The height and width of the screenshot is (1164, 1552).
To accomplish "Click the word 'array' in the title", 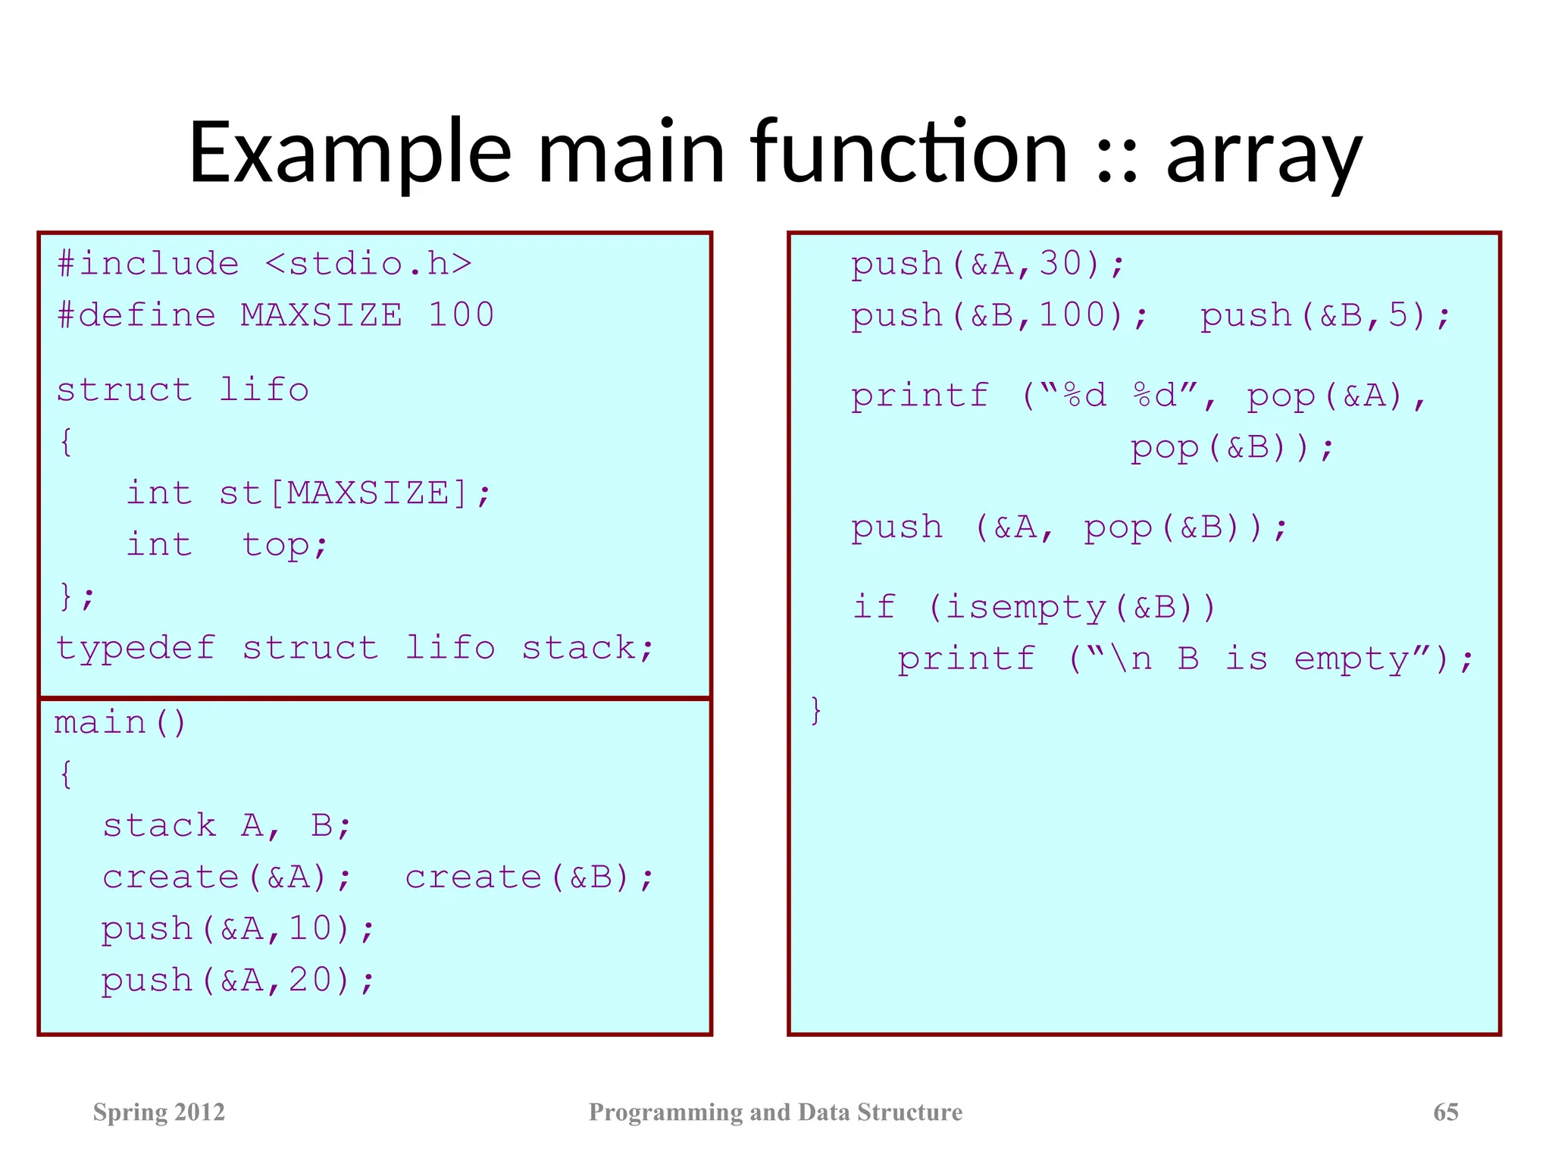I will point(1263,155).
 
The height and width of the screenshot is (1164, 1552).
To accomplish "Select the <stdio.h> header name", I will point(368,264).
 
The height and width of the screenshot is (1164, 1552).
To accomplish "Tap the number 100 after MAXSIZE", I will point(461,315).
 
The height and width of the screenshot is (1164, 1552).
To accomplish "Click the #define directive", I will point(136,315).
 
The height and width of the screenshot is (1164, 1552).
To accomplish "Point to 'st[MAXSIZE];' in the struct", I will point(355,493).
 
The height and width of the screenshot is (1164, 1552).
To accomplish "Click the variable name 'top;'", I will point(285,545).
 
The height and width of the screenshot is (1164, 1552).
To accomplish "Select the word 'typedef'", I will point(136,648).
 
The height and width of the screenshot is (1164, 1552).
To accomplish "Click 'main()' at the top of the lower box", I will point(120,722).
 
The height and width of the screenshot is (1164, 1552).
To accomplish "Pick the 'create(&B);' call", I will point(529,878).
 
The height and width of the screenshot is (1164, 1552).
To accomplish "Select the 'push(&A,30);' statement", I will point(987,264).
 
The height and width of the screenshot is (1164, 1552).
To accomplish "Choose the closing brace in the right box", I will point(815,710).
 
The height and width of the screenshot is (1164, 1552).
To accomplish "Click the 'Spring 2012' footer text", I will point(159,1112).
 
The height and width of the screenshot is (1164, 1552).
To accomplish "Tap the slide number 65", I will point(1445,1112).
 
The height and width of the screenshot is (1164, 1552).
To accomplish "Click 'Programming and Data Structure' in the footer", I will point(775,1112).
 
